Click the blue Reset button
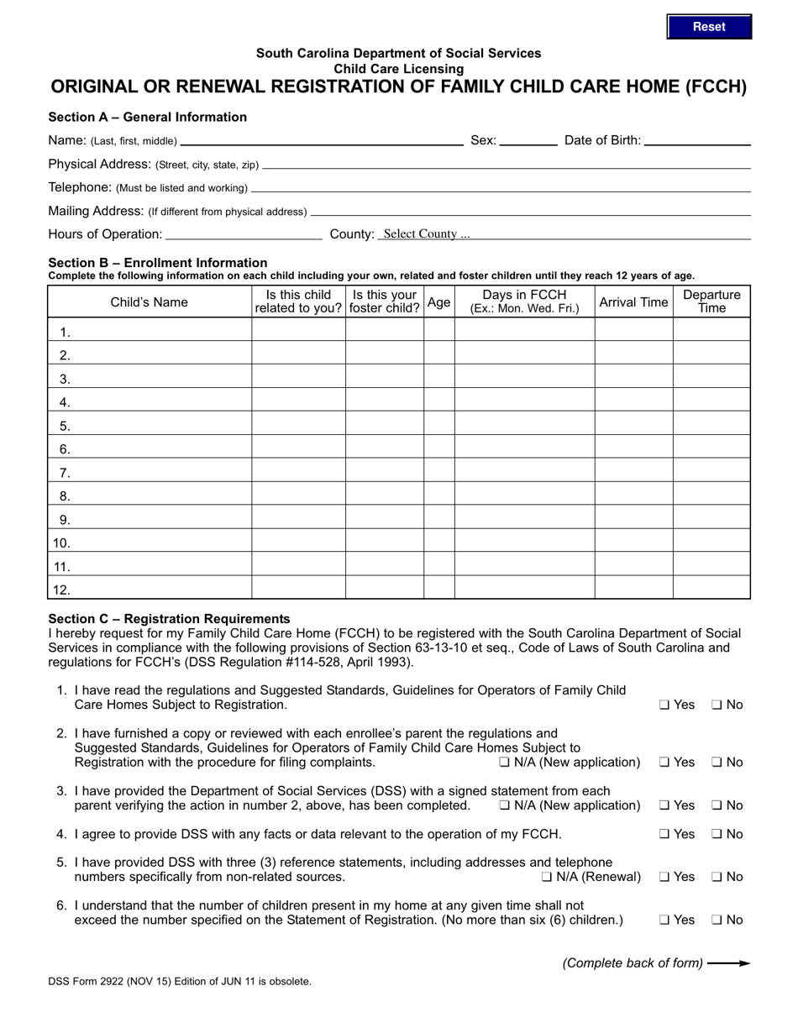coord(709,27)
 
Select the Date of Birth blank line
coord(696,140)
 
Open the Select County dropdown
coord(563,234)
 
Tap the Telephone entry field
coord(500,187)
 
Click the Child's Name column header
coord(150,302)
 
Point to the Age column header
coord(438,302)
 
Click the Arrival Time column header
coord(633,302)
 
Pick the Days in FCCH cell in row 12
coord(524,590)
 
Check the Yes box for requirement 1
coord(664,705)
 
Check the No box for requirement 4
coord(717,835)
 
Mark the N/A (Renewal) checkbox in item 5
coord(547,878)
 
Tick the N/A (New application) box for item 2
coord(504,763)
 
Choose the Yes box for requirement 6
coord(664,920)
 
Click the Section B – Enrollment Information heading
coord(158,263)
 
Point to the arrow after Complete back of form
coord(728,963)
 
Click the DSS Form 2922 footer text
coord(180,981)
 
